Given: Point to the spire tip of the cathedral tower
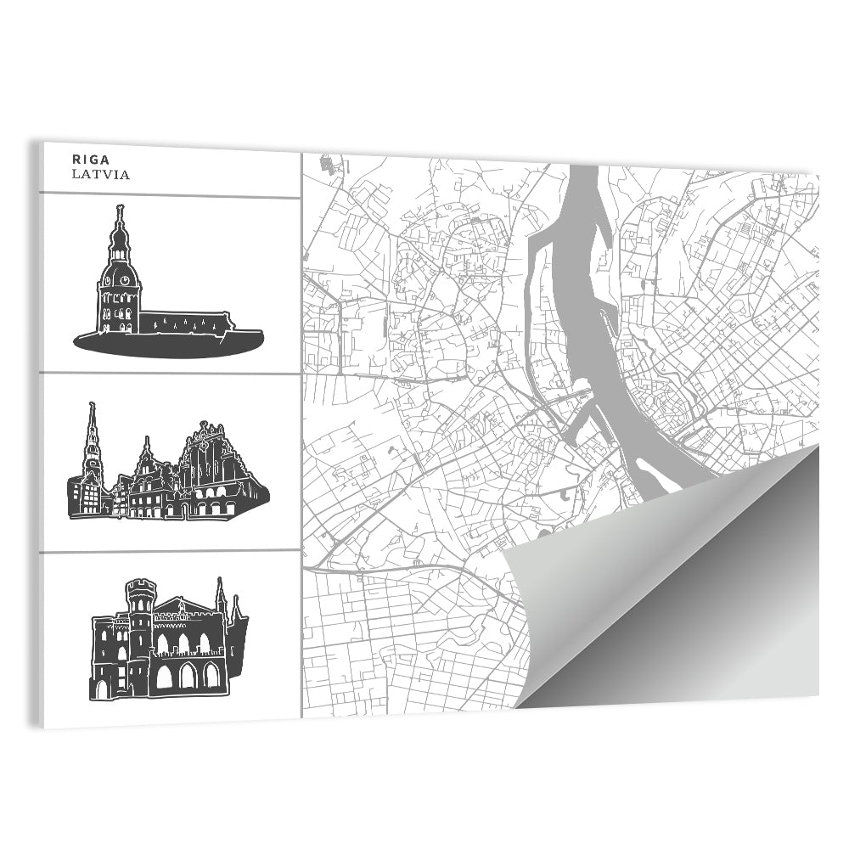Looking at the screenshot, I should click(121, 207).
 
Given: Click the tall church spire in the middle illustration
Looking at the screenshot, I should click(93, 433).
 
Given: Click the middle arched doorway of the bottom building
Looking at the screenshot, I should click(187, 675).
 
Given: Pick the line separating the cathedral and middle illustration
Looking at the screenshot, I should click(170, 374).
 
